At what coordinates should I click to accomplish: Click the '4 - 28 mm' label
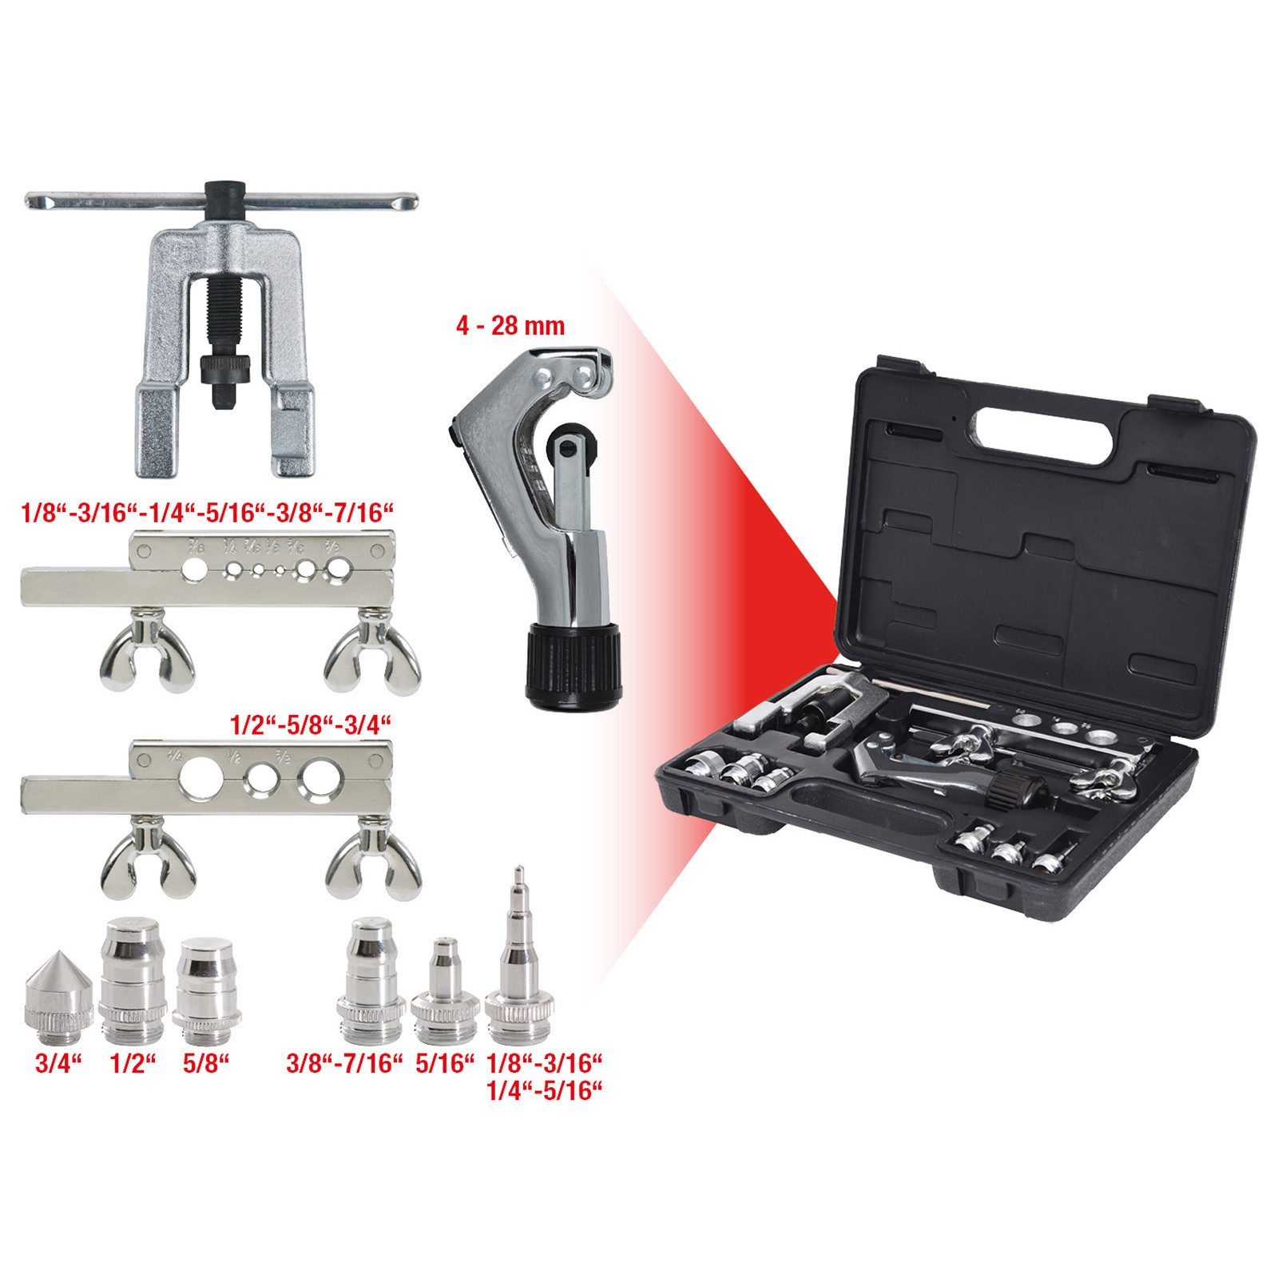point(510,326)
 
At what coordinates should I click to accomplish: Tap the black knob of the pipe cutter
point(573,664)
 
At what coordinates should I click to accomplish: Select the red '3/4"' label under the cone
point(59,1064)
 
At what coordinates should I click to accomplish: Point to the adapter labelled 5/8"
point(206,991)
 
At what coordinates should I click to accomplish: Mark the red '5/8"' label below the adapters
point(206,1064)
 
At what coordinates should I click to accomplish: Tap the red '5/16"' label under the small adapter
point(446,1064)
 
